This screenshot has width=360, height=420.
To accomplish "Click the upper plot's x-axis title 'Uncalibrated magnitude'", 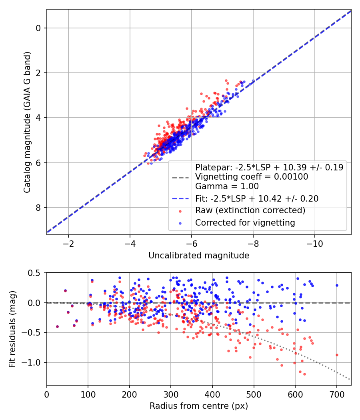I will click(199, 256).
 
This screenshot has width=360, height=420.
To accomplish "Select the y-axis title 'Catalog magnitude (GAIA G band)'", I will click(27, 122).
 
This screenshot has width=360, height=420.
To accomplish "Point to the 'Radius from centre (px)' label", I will click(199, 406).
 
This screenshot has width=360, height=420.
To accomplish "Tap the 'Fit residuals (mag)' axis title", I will click(12, 328).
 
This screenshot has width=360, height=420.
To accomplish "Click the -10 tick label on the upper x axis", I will click(314, 244).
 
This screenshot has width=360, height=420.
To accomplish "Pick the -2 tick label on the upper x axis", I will click(68, 244).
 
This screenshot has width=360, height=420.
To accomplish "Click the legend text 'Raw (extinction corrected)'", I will click(250, 210).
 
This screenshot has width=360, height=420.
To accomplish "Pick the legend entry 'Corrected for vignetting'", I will click(245, 223).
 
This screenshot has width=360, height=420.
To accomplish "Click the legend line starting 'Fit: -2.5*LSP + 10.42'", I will click(257, 198).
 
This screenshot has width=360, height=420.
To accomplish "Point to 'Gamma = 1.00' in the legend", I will click(227, 186).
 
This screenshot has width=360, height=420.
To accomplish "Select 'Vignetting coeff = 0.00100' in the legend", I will click(252, 177).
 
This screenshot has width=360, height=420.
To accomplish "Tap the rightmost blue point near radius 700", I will click(337, 285).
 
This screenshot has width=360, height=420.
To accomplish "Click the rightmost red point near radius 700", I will click(337, 355).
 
